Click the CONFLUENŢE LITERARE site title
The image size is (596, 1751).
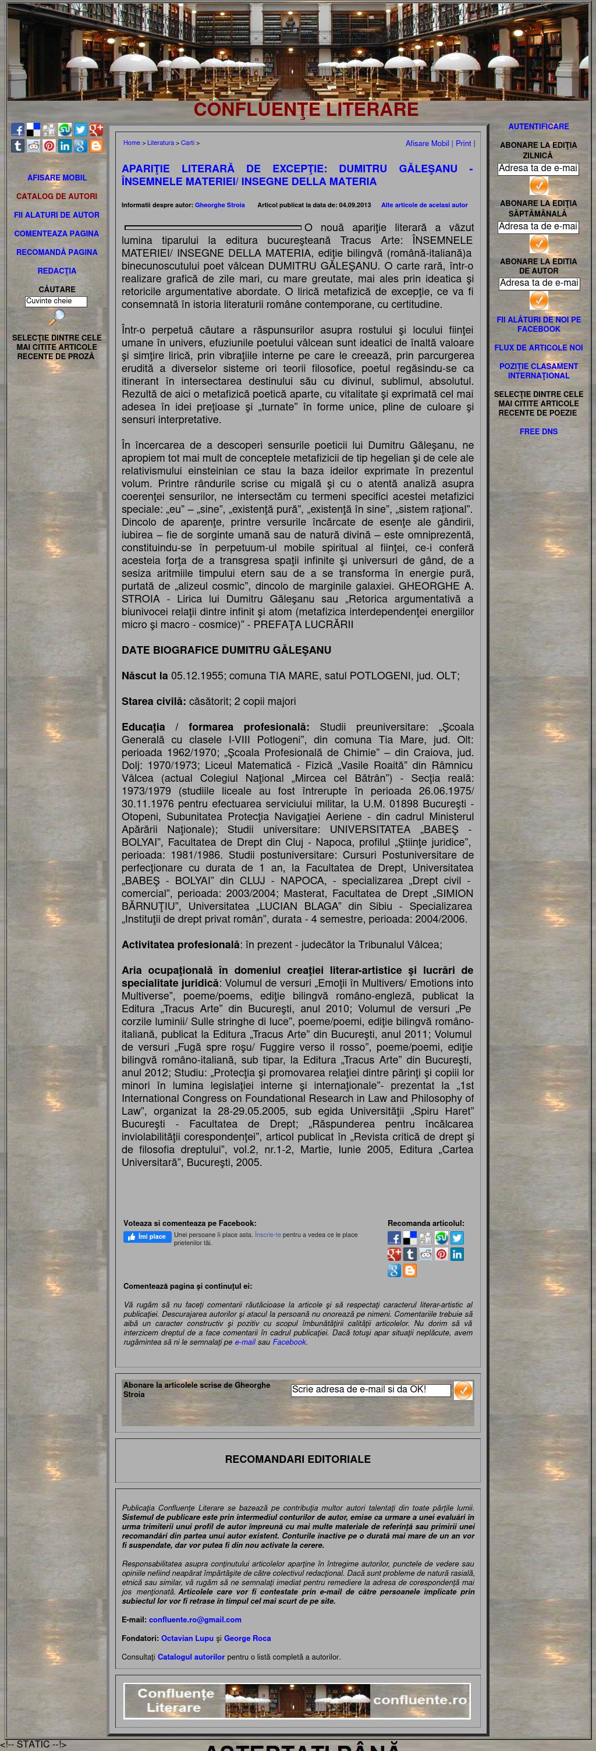click(x=306, y=110)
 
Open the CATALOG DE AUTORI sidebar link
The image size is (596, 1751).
click(x=56, y=196)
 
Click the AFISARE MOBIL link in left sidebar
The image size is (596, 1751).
click(x=56, y=178)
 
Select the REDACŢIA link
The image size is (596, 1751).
click(x=56, y=271)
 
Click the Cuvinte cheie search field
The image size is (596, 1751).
click(x=56, y=301)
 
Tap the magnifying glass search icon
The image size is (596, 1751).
click(x=56, y=317)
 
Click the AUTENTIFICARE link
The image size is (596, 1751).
click(x=538, y=126)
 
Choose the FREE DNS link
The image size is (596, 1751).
click(x=538, y=431)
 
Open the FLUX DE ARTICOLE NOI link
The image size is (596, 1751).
click(x=538, y=348)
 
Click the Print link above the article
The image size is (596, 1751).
click(x=463, y=143)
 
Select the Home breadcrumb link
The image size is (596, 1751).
click(x=131, y=143)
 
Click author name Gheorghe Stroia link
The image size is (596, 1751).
click(x=219, y=205)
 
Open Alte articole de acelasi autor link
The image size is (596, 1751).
click(x=424, y=205)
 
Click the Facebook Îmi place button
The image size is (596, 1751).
click(x=147, y=1236)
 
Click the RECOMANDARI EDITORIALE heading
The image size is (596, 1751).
click(x=297, y=1459)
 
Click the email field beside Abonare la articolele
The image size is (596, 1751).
click(x=370, y=1390)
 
